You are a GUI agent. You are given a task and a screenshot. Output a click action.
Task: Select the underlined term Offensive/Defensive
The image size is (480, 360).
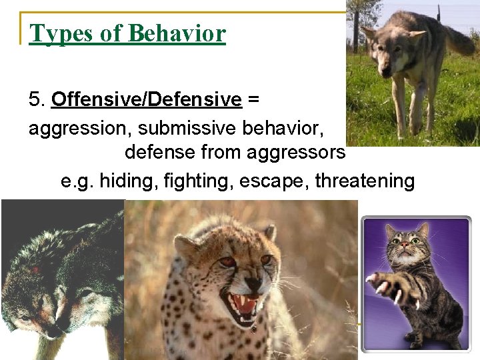click(146, 100)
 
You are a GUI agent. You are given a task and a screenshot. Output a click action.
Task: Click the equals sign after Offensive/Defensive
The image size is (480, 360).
click(253, 100)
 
